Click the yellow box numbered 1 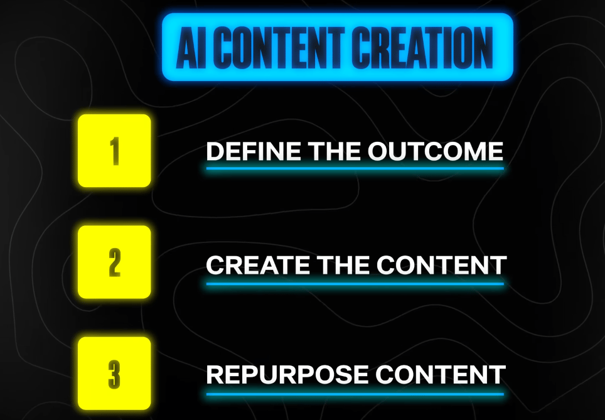pyautogui.click(x=114, y=151)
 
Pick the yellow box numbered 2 pyautogui.click(x=114, y=262)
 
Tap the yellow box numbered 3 pyautogui.click(x=114, y=374)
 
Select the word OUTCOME pyautogui.click(x=435, y=151)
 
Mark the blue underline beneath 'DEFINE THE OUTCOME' pyautogui.click(x=355, y=168)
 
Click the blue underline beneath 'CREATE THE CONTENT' pyautogui.click(x=355, y=284)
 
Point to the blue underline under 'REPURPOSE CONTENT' pyautogui.click(x=355, y=394)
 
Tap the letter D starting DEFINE pyautogui.click(x=215, y=151)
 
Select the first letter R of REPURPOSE pyautogui.click(x=215, y=375)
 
